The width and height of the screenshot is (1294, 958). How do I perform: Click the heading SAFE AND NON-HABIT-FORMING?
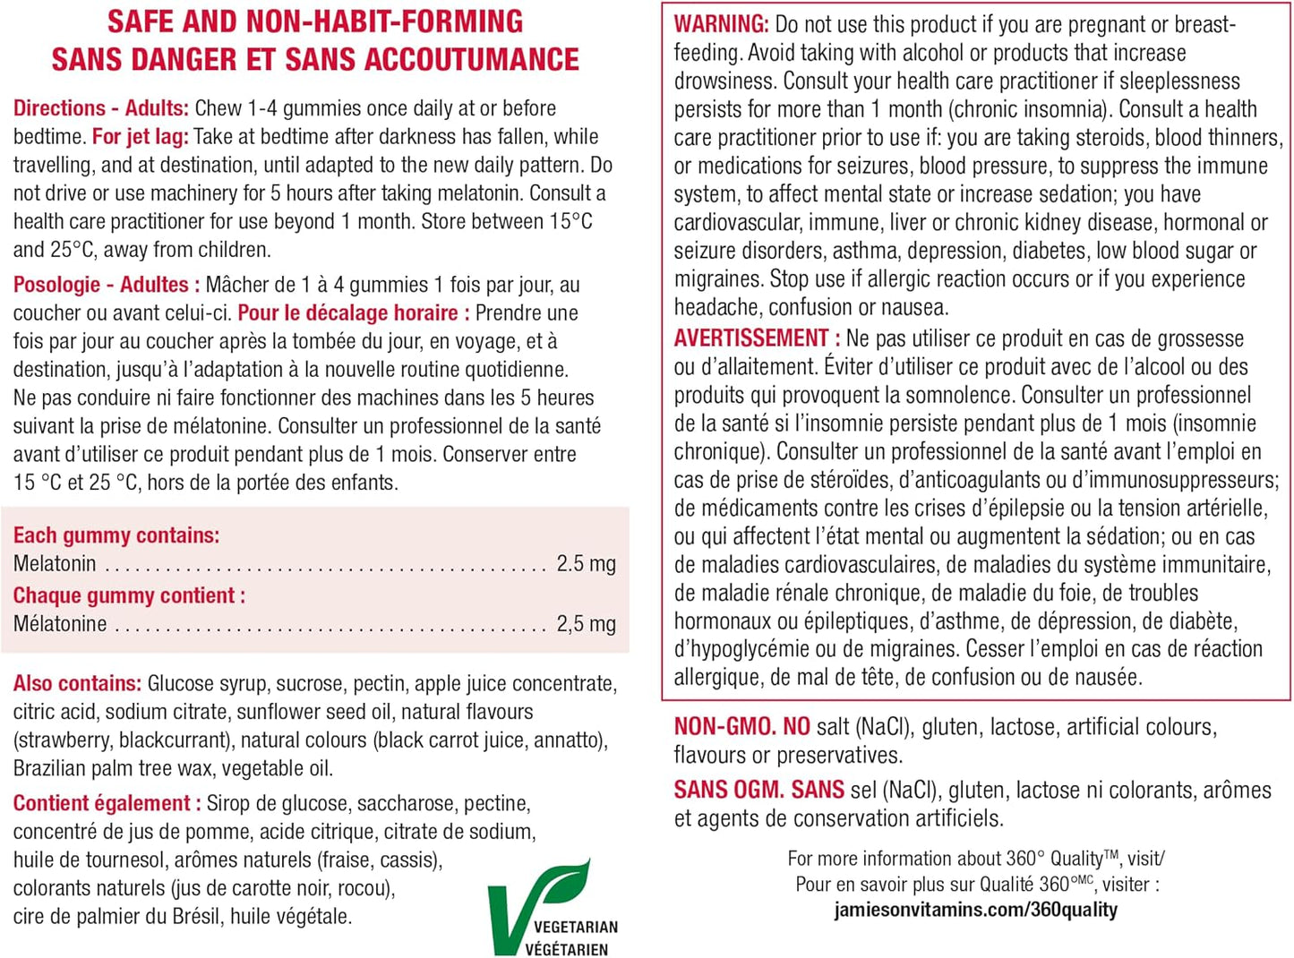[314, 21]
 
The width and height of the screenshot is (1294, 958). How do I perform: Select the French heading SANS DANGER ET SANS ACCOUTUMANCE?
[314, 60]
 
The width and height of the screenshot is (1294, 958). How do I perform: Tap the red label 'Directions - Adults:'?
[100, 108]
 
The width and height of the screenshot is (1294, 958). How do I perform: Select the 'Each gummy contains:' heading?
[116, 535]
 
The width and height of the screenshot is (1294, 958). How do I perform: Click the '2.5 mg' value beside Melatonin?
[586, 563]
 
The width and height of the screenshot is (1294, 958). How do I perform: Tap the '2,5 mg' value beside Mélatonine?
[586, 624]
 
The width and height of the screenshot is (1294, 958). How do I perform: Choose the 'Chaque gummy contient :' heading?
[129, 595]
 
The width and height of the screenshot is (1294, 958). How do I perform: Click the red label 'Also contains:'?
[77, 684]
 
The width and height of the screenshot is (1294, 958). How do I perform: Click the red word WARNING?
[721, 24]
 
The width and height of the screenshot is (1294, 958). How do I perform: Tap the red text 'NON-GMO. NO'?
[741, 727]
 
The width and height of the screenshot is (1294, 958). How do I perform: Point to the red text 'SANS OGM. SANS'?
[758, 790]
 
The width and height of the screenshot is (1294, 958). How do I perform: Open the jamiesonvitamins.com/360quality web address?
[975, 910]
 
